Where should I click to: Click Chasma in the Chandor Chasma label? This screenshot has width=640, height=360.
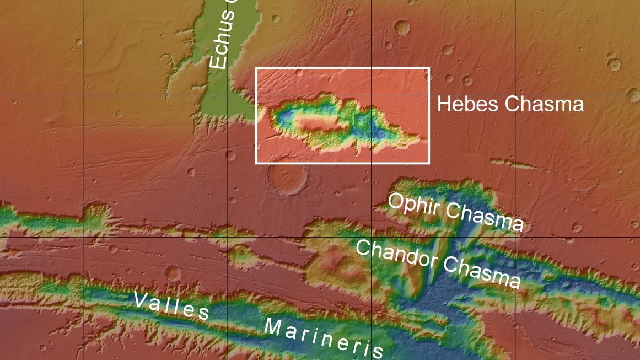tap(482, 273)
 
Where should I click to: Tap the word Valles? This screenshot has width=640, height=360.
tap(171, 307)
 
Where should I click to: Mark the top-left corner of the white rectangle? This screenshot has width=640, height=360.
tap(256, 68)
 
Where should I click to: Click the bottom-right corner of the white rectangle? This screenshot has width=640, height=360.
tap(429, 163)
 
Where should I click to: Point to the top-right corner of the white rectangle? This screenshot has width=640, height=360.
tap(429, 68)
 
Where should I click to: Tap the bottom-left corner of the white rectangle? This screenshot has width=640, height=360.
tap(256, 163)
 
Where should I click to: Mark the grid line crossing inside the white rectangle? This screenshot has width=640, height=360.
tap(371, 95)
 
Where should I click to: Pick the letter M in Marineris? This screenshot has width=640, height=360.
tap(273, 327)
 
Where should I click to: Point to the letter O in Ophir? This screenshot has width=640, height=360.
tap(395, 201)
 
